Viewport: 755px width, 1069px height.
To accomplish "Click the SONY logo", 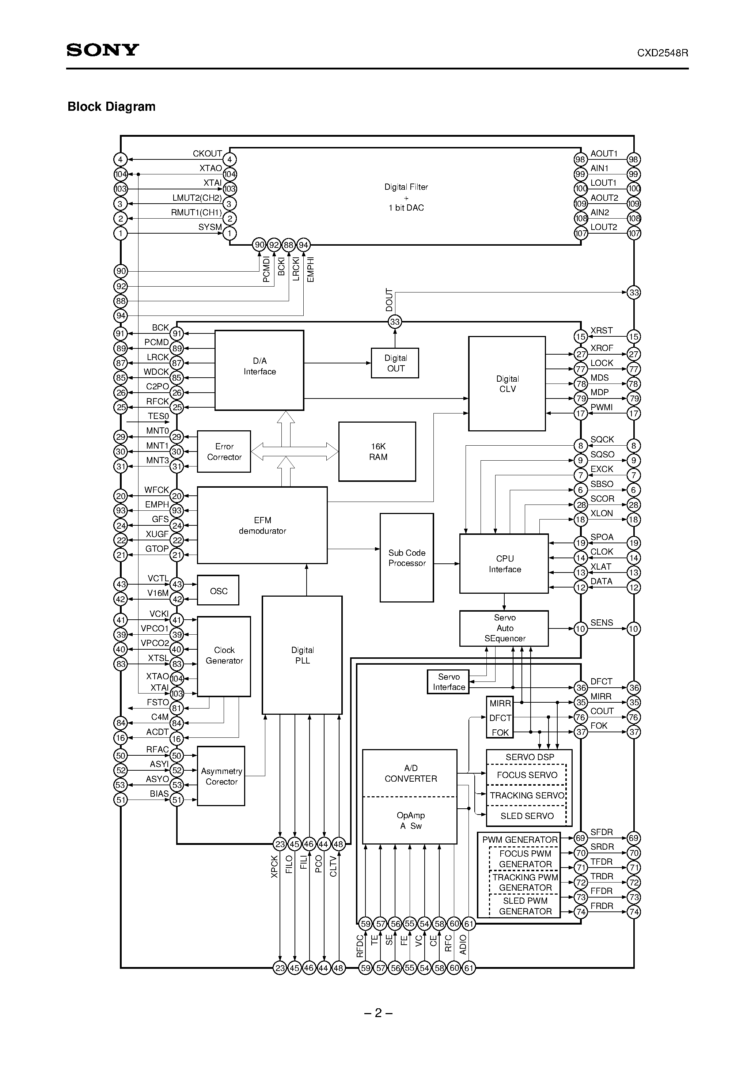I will tap(103, 50).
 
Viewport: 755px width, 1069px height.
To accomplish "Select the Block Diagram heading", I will tap(111, 107).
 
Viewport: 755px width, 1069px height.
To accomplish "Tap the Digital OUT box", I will tap(395, 363).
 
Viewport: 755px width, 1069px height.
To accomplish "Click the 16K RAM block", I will tap(377, 452).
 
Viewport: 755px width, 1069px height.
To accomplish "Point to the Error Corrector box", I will tap(224, 452).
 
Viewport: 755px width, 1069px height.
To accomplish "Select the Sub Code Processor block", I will tap(406, 558).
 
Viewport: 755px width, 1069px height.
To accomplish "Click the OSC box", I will tap(218, 591).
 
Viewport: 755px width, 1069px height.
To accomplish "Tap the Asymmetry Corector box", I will tap(221, 776).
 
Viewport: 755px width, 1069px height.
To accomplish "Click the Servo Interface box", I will tap(448, 681).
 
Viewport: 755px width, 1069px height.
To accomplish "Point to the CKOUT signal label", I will tap(207, 154).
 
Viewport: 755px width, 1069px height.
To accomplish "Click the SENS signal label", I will tap(602, 623).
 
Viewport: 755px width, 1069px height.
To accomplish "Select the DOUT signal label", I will tap(389, 300).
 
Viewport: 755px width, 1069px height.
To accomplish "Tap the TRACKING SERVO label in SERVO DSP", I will tap(527, 795).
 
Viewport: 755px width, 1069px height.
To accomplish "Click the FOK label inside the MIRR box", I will tap(500, 732).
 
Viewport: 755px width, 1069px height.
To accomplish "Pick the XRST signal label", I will tap(602, 330).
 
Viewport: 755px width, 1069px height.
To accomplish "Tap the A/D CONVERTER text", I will tap(410, 773).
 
